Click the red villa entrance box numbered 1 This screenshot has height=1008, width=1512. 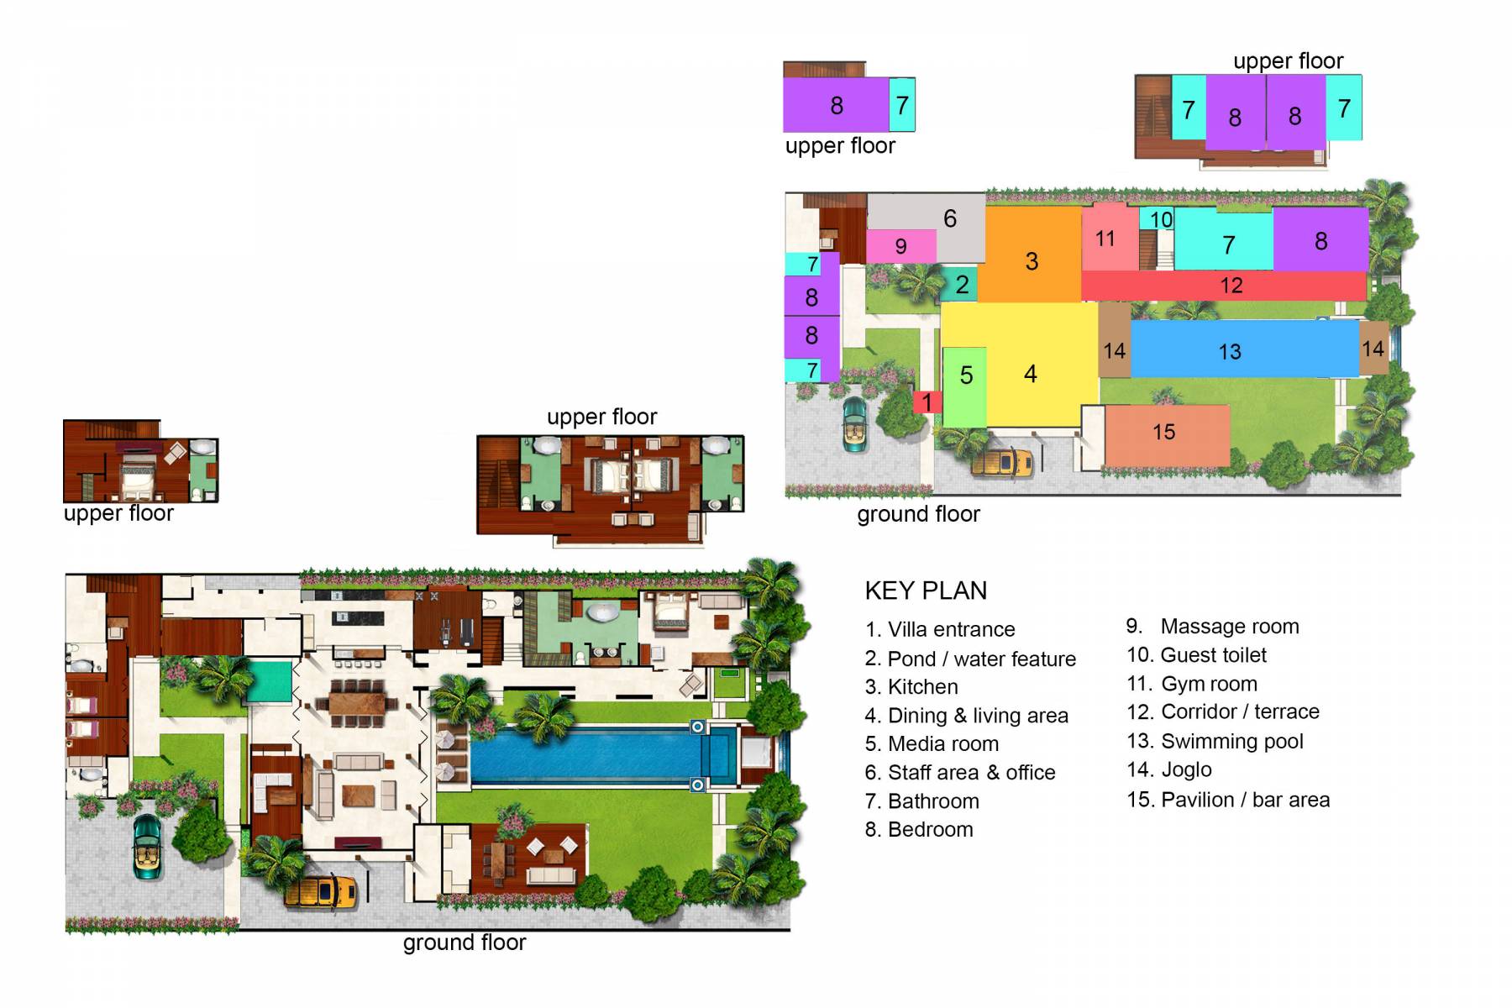click(927, 402)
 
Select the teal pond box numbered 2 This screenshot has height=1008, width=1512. click(962, 285)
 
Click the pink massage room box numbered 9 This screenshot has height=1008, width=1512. click(900, 246)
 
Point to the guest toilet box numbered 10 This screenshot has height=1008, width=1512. click(1160, 219)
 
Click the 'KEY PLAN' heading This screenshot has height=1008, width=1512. click(926, 591)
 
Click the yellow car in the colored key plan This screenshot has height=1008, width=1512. click(1003, 462)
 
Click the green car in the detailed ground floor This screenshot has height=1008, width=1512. click(147, 847)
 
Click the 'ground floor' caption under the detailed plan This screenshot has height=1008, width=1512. click(464, 942)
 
